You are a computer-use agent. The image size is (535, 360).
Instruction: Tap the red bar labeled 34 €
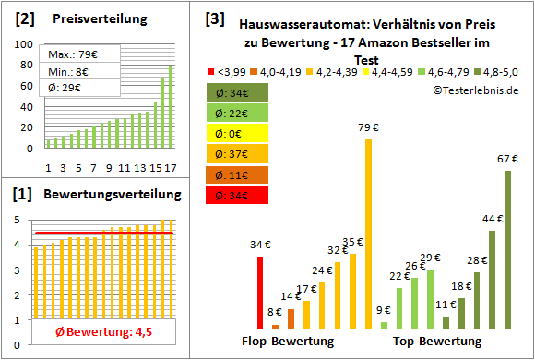click(x=260, y=292)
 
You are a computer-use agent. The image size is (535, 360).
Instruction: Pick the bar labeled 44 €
click(x=492, y=279)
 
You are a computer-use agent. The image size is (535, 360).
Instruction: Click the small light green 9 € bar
click(x=384, y=324)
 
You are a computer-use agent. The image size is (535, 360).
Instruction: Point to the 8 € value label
click(x=275, y=311)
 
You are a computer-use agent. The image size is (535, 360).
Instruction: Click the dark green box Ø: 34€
click(x=238, y=91)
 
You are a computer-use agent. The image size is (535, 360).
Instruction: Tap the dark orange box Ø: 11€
click(x=238, y=173)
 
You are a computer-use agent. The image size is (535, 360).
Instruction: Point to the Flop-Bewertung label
click(x=288, y=342)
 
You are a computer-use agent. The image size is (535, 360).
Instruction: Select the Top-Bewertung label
click(x=437, y=342)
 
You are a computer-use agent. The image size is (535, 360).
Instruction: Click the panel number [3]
click(x=214, y=18)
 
